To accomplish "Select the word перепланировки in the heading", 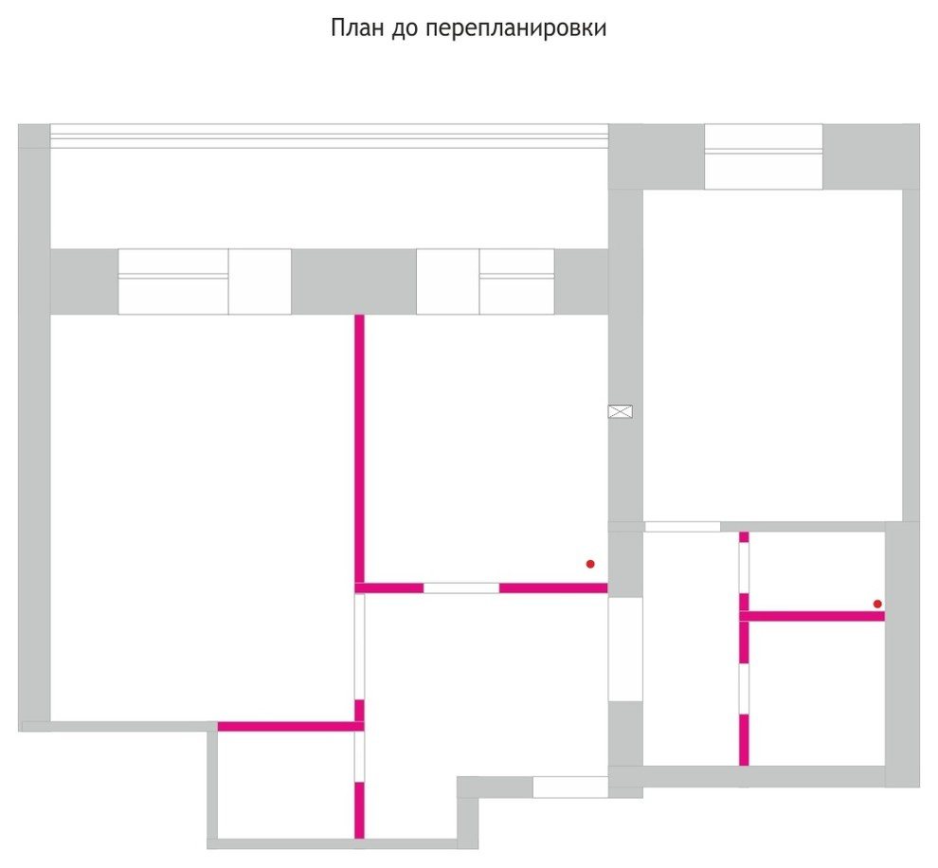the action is tap(516, 29).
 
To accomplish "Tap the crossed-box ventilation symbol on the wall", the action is tap(621, 411).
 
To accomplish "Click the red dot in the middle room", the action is tap(590, 564).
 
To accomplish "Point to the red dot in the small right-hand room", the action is tap(877, 605).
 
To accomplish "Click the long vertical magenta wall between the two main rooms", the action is tap(359, 448).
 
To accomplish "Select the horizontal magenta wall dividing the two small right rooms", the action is tap(812, 616).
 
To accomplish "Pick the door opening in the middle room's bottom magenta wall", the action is tap(461, 588).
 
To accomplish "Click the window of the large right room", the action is tap(764, 156).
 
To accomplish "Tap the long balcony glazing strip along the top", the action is tap(329, 136).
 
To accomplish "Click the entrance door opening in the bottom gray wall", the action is tap(570, 787).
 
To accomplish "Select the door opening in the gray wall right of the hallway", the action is tap(625, 649).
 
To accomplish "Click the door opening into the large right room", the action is tap(682, 527).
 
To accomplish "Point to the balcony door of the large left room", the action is tap(260, 281).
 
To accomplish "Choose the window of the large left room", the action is tap(173, 281).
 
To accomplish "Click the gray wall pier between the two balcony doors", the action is tap(353, 281).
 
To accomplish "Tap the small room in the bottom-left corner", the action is tap(286, 785).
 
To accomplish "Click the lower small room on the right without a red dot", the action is tap(817, 694).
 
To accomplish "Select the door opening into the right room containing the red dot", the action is tap(744, 568).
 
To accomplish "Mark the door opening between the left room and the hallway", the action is tap(359, 646).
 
